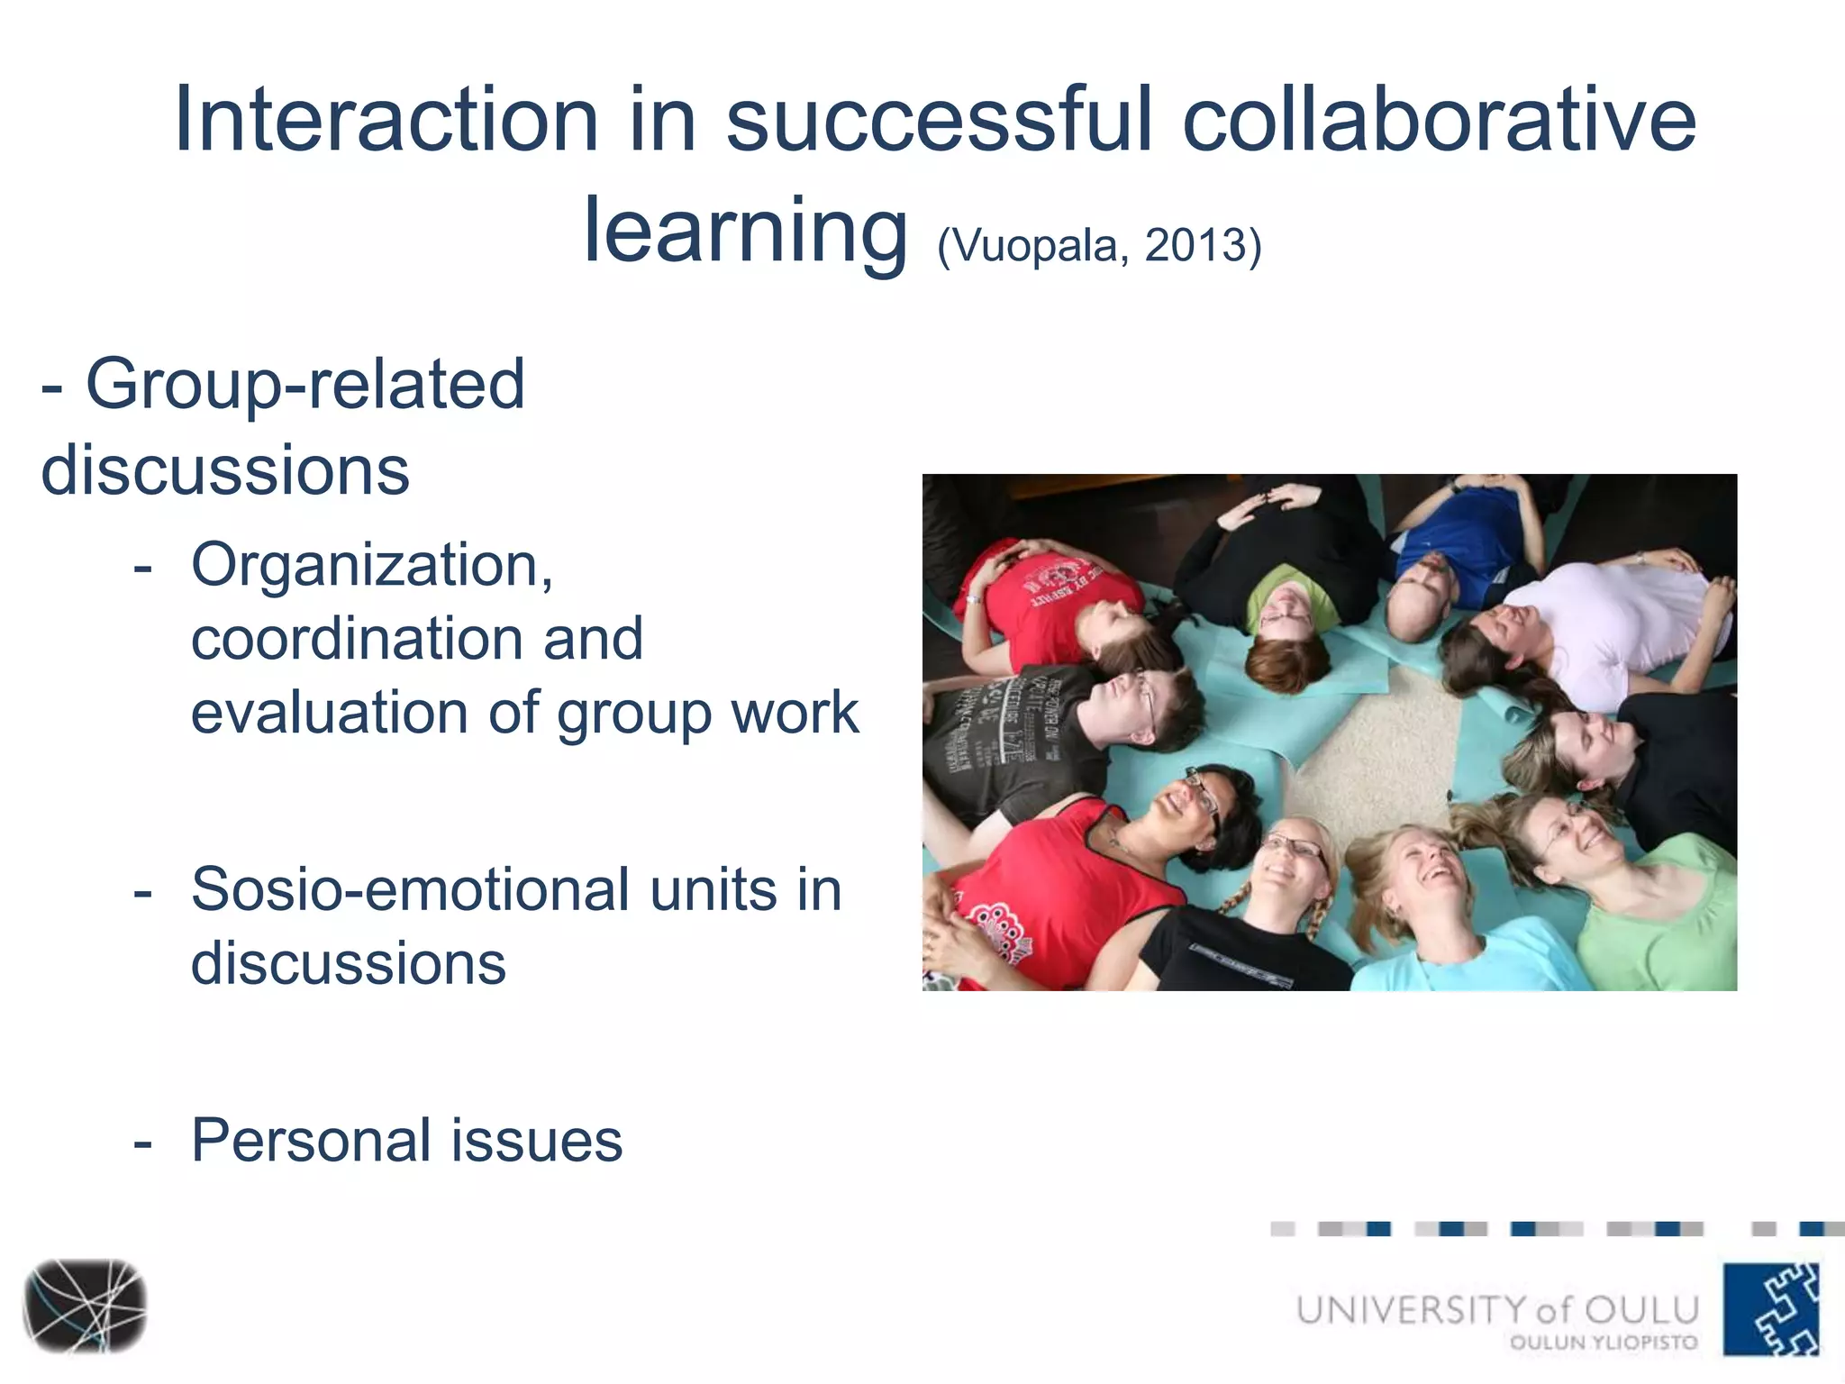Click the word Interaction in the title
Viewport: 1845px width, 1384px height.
(386, 120)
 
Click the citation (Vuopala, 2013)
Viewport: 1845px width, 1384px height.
(1099, 245)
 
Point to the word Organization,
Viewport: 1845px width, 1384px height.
(372, 566)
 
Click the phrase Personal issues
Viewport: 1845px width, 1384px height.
(406, 1141)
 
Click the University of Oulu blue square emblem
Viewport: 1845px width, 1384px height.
(1771, 1308)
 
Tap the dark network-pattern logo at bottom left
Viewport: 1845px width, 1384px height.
(85, 1307)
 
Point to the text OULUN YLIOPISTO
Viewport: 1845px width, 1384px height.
(1604, 1343)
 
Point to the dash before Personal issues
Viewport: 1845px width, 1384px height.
(142, 1143)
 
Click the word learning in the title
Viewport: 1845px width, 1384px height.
(745, 232)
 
